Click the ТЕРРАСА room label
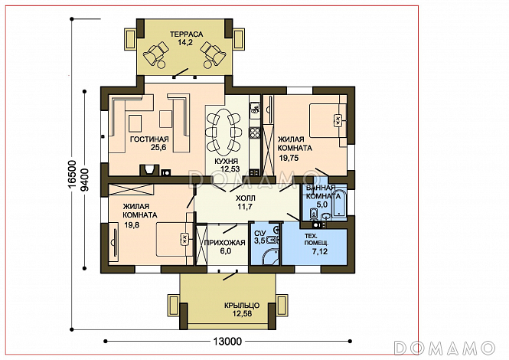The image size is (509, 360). click(186, 34)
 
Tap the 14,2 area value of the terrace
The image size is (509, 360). click(185, 42)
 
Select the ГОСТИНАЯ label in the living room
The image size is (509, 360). click(149, 139)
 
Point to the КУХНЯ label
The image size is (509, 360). click(227, 161)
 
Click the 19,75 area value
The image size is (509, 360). click(289, 159)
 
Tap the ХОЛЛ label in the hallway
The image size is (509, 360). click(246, 198)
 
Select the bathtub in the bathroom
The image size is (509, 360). click(340, 202)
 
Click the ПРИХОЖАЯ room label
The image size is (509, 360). click(224, 242)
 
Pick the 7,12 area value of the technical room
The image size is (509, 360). click(320, 251)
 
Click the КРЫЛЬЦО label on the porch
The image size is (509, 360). click(242, 306)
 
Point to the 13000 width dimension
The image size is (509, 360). click(227, 342)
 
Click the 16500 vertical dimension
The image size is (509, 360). click(73, 174)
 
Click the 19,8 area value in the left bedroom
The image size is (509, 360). click(132, 224)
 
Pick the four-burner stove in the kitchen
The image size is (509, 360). click(254, 133)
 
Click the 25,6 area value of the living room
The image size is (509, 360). click(158, 148)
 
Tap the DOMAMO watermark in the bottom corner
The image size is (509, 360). click(445, 348)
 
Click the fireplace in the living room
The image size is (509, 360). click(150, 169)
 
